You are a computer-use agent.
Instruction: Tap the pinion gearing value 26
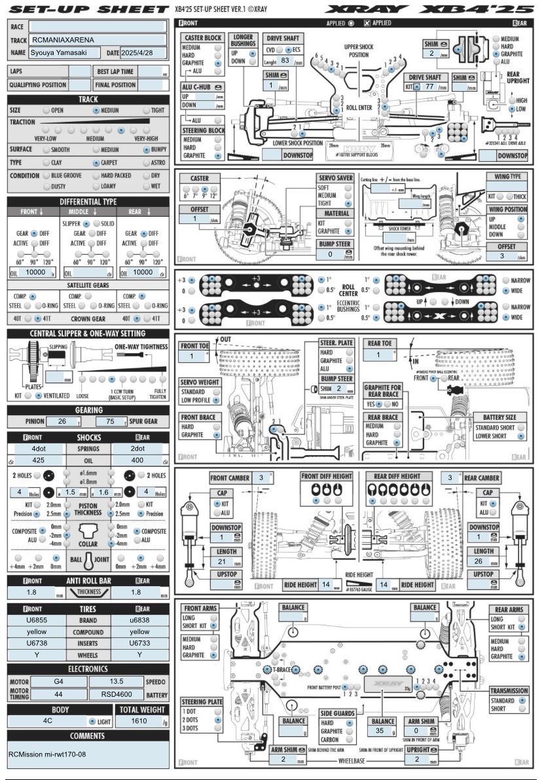tap(63, 421)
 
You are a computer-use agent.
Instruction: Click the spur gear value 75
tap(115, 421)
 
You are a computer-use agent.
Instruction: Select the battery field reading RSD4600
tap(113, 694)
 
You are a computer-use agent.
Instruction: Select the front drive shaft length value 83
tap(285, 60)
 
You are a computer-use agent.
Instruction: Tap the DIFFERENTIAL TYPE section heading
tap(88, 201)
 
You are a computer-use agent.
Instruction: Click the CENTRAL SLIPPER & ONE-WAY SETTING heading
tap(88, 333)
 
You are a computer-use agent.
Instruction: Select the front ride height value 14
tap(325, 585)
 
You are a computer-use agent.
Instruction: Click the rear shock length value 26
tap(483, 561)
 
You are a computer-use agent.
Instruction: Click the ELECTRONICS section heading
tap(88, 669)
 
